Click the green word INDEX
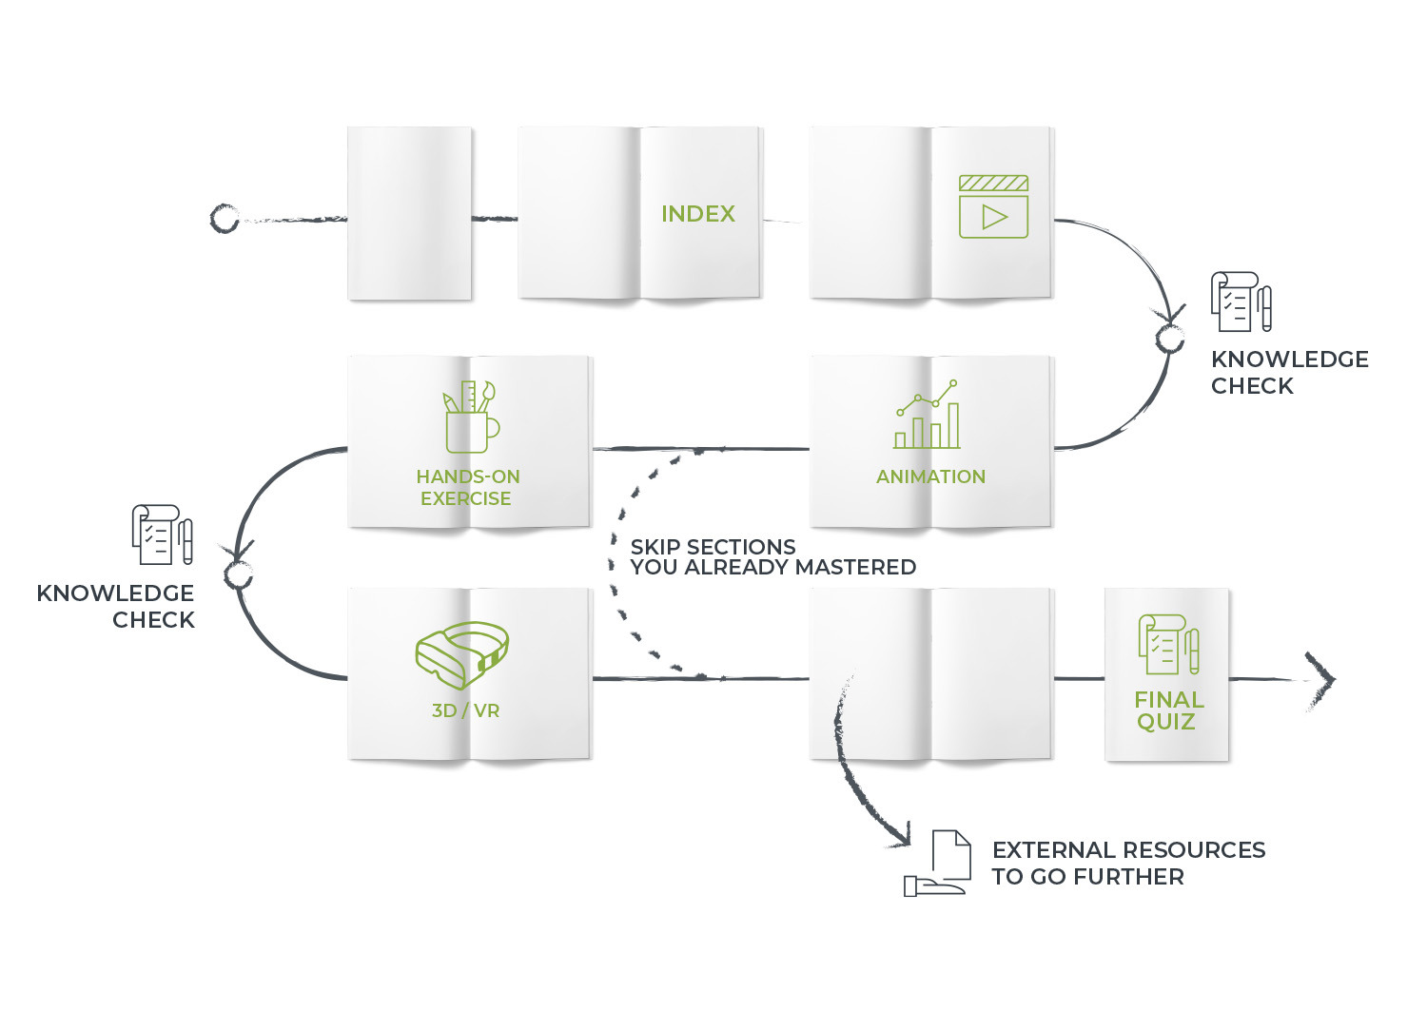(x=697, y=214)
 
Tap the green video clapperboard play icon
(x=993, y=207)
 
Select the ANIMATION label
(x=930, y=476)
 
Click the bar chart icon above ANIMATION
(x=927, y=415)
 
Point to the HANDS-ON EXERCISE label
(x=468, y=487)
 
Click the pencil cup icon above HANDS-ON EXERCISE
(x=472, y=417)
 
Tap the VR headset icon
(x=461, y=655)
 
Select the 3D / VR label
(x=466, y=710)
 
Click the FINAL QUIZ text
(x=1168, y=711)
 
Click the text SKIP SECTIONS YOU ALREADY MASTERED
(x=772, y=556)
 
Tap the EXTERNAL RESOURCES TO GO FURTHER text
(x=1128, y=864)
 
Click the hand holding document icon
(x=937, y=864)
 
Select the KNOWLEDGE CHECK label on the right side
(x=1289, y=373)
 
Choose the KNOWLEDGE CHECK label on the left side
(x=115, y=607)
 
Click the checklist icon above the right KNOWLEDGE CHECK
(x=1241, y=301)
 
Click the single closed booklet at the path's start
(x=410, y=213)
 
